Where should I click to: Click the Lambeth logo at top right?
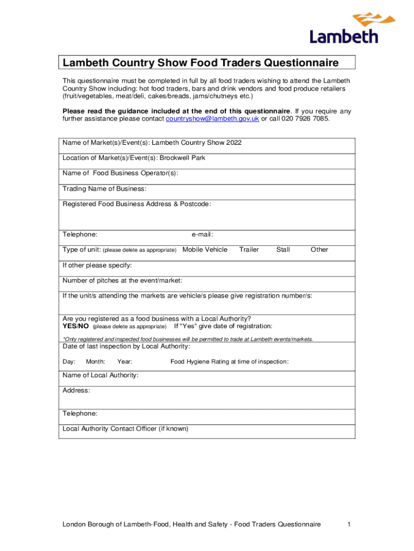pyautogui.click(x=344, y=29)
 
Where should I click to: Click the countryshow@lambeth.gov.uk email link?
pyautogui.click(x=212, y=118)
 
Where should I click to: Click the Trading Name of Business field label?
pyautogui.click(x=104, y=189)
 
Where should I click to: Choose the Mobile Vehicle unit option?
pyautogui.click(x=205, y=250)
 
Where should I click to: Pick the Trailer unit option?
pyautogui.click(x=249, y=250)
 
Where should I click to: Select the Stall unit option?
pyautogui.click(x=283, y=250)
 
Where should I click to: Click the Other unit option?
pyautogui.click(x=319, y=250)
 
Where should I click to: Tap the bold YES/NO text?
pyautogui.click(x=76, y=326)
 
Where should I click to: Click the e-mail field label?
pyautogui.click(x=203, y=235)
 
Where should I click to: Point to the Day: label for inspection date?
pyautogui.click(x=69, y=362)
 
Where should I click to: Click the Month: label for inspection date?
pyautogui.click(x=95, y=362)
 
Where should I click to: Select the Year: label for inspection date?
pyautogui.click(x=125, y=362)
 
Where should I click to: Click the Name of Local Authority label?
pyautogui.click(x=101, y=375)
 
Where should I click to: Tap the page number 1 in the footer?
pyautogui.click(x=349, y=525)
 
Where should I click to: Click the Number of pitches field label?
pyautogui.click(x=122, y=280)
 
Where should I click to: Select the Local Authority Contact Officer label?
pyautogui.click(x=125, y=429)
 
